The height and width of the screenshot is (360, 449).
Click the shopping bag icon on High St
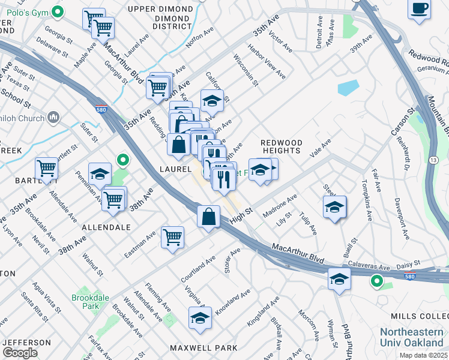click(x=208, y=215)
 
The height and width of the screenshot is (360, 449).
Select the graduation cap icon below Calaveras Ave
click(x=339, y=279)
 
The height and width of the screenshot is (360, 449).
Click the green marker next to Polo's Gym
click(x=58, y=11)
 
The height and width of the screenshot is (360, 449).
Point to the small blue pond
click(x=348, y=88)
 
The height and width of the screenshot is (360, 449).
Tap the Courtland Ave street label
click(x=197, y=271)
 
